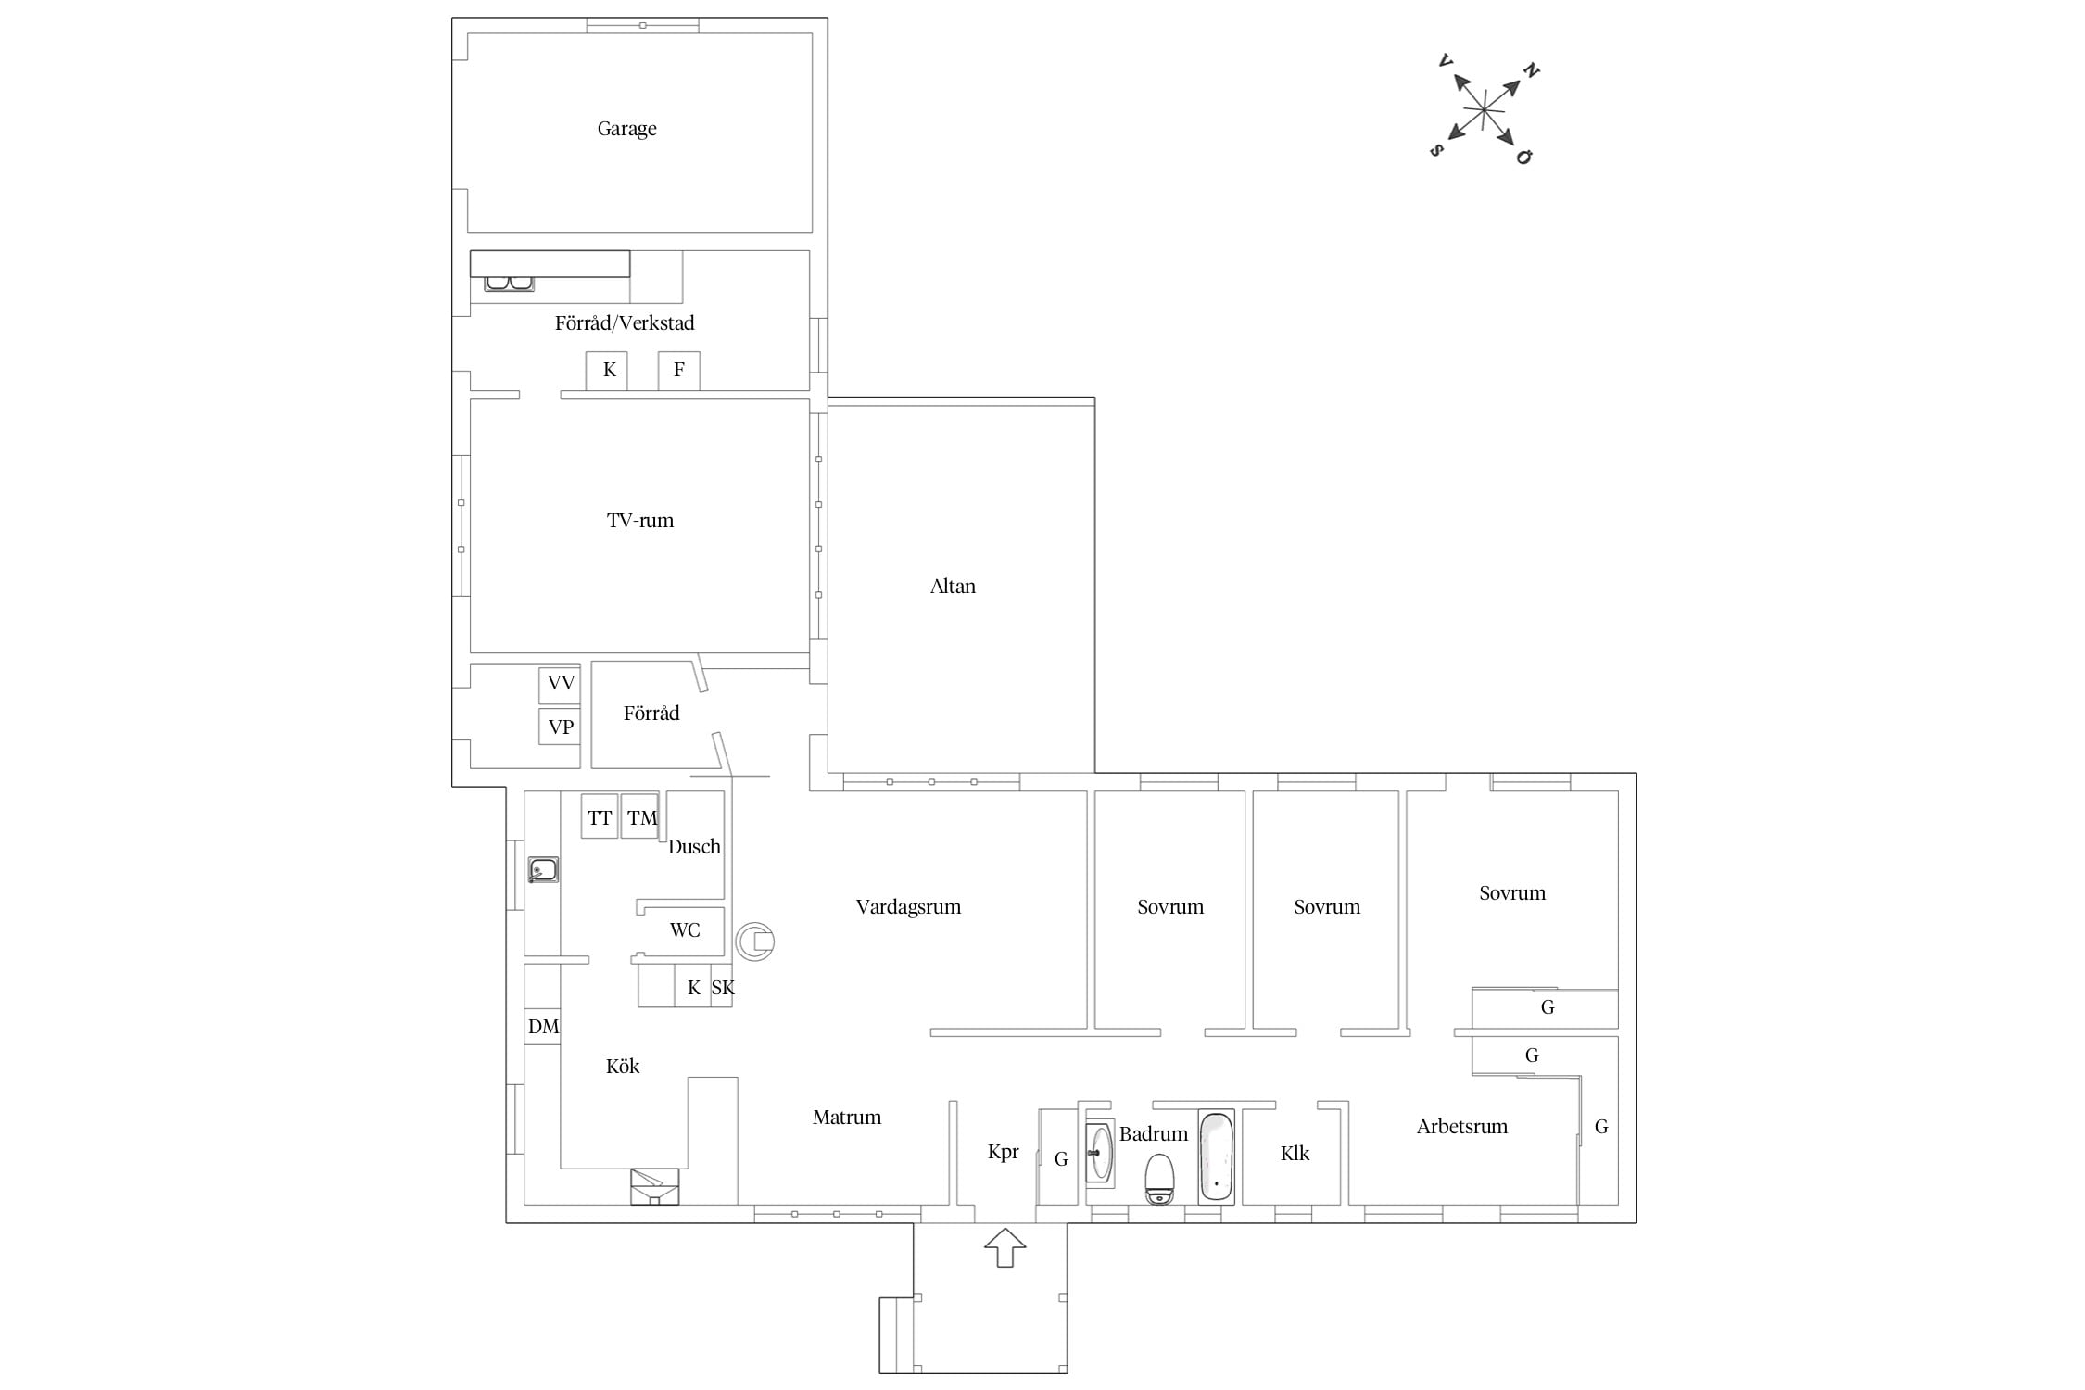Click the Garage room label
point(626,129)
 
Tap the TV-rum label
point(640,521)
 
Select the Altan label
point(953,587)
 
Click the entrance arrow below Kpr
point(1005,1247)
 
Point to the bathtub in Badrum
point(1216,1157)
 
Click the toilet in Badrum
point(1159,1179)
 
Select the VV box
point(560,685)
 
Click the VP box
point(560,727)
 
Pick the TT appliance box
point(600,816)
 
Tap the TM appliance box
point(639,816)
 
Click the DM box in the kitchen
point(543,1027)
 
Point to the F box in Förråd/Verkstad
point(679,371)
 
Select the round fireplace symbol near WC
point(755,941)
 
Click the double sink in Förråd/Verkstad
point(509,283)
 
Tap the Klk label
point(1295,1154)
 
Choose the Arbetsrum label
point(1462,1128)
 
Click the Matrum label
point(847,1118)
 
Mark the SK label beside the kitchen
point(723,988)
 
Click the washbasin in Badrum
point(1100,1153)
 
